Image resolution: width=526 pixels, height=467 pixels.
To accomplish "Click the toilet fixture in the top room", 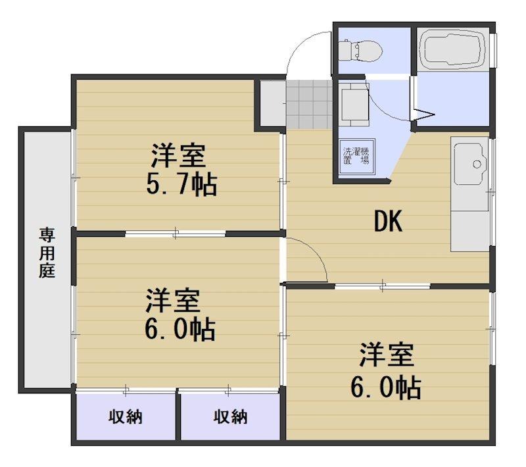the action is click(x=360, y=51).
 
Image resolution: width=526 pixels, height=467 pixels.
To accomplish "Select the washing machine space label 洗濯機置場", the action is click(x=356, y=156).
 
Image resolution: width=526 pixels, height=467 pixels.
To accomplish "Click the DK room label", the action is click(x=388, y=221).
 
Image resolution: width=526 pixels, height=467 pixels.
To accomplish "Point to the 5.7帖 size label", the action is click(x=182, y=184).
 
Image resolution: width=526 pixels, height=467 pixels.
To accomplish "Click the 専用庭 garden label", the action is click(x=47, y=253).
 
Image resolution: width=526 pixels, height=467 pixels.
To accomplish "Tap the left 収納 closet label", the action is click(x=126, y=417).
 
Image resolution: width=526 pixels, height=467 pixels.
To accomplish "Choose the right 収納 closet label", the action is click(x=231, y=417).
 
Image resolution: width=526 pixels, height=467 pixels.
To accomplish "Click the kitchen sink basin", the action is click(x=470, y=164).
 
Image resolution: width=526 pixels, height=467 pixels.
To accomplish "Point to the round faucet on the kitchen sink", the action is click(x=477, y=164).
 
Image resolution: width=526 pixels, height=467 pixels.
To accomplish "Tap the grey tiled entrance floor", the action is click(x=310, y=105).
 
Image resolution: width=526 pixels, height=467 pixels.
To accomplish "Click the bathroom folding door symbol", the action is click(x=423, y=114).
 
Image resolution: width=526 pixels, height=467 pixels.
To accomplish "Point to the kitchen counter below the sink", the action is click(x=469, y=231).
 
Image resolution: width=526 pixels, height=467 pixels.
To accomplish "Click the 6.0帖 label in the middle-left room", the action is click(x=180, y=330).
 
